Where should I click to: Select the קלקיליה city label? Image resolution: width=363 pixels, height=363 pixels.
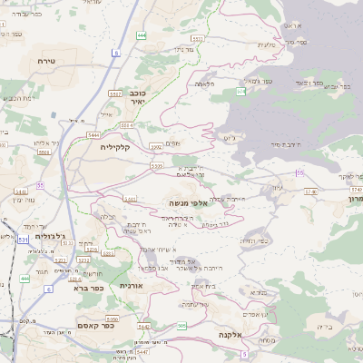(117, 147)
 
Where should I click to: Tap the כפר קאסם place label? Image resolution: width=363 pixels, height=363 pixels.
(94, 326)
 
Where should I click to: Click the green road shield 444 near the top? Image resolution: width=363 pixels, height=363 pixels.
(141, 34)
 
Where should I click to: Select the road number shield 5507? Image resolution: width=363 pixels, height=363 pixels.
(115, 93)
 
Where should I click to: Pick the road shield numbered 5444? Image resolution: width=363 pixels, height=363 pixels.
(93, 134)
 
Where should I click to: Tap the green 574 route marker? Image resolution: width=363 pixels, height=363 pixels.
(240, 92)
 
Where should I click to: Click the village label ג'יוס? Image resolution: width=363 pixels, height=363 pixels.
(227, 138)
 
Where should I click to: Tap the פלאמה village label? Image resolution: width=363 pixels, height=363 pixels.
(205, 83)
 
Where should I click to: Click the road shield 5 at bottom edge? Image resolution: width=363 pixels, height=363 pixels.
(244, 354)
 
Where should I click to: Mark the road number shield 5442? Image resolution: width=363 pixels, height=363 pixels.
(143, 326)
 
